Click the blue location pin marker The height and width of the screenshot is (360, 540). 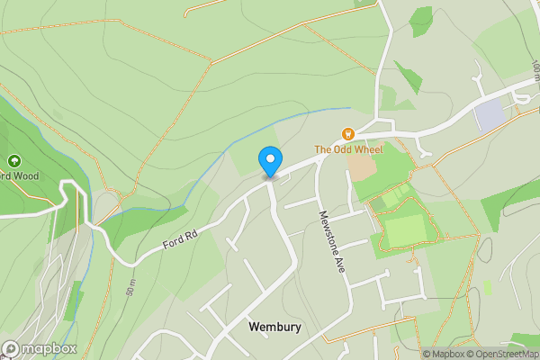(269, 161)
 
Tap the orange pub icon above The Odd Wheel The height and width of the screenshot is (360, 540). (347, 133)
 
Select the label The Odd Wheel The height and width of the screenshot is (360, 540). (347, 148)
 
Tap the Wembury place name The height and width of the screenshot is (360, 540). (274, 328)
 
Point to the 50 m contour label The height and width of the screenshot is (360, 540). (131, 287)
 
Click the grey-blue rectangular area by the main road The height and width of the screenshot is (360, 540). (489, 116)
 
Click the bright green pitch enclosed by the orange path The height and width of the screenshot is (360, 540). (405, 230)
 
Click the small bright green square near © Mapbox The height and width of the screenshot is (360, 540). (488, 285)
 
